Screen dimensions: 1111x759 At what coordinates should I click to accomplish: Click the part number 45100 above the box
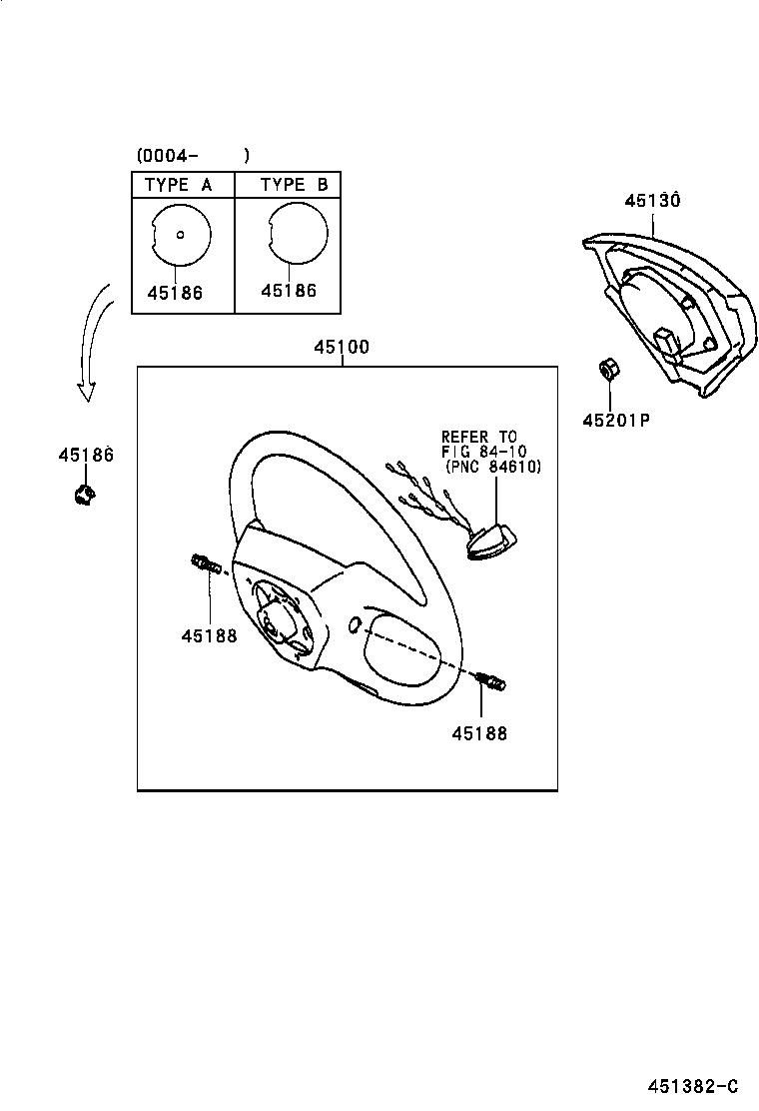(342, 348)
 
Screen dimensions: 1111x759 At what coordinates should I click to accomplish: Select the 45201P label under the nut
(616, 420)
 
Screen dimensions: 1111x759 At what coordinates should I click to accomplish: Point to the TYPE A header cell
(178, 185)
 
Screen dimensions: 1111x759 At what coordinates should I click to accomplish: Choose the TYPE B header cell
(294, 185)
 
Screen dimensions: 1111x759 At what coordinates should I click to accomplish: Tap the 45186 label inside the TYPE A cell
(174, 293)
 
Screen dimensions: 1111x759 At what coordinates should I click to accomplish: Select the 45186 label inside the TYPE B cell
(289, 291)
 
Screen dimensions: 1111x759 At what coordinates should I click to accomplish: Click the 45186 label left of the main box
(85, 456)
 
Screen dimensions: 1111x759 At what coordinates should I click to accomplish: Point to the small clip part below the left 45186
(83, 494)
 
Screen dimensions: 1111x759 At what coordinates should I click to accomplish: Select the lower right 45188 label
(478, 733)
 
